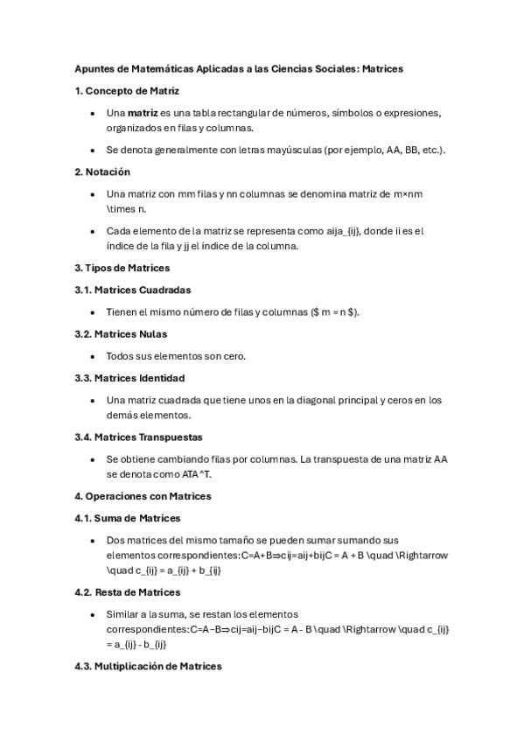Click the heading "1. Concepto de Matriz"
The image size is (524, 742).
[x=127, y=91]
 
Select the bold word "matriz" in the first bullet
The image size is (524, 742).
[x=143, y=113]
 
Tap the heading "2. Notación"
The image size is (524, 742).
[x=102, y=171]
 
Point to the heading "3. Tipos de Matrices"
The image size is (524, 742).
[x=122, y=268]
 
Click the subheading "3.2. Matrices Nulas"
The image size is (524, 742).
[x=121, y=334]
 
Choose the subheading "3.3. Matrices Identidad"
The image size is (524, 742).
[x=129, y=378]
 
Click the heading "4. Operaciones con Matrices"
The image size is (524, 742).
[x=143, y=496]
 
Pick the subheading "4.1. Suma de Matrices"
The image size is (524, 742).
[x=128, y=518]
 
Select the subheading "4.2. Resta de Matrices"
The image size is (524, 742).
[x=128, y=592]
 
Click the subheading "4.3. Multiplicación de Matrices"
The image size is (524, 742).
[x=148, y=666]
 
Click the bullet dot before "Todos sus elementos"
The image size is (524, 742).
[x=93, y=356]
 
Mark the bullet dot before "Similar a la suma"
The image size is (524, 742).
[x=93, y=614]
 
